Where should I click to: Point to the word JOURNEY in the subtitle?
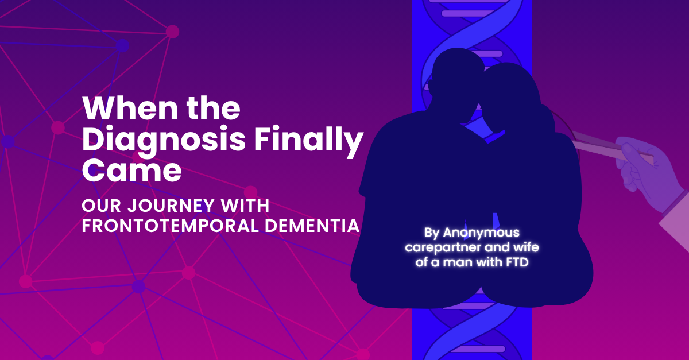click(x=169, y=206)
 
